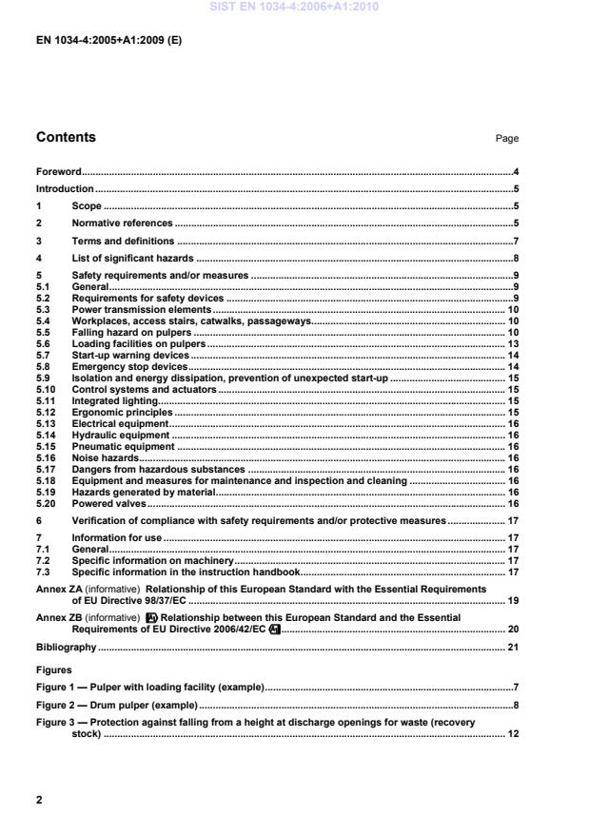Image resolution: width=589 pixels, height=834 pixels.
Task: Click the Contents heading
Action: point(66,138)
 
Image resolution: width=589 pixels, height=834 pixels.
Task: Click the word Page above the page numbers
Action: point(506,139)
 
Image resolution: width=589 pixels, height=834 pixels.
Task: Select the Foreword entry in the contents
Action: point(58,172)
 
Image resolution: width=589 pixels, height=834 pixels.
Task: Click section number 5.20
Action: point(46,503)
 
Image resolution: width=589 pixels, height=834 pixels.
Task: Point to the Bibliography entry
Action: point(66,648)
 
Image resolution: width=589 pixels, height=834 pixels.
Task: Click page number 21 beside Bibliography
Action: point(512,648)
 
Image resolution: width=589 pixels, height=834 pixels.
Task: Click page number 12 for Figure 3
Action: point(512,734)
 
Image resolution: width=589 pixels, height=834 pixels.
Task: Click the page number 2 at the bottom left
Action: point(39,801)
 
